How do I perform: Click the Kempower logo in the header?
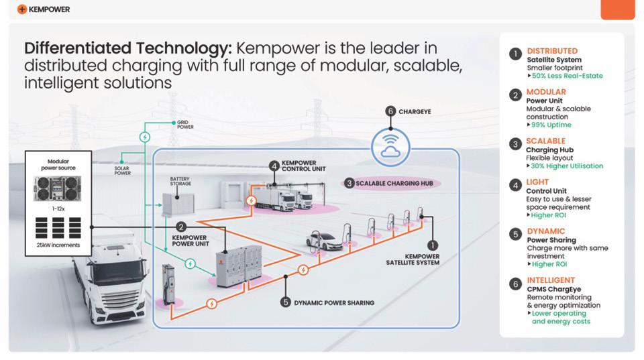click(x=44, y=9)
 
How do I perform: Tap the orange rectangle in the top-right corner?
click(x=617, y=9)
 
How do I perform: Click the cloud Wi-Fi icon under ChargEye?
click(x=390, y=145)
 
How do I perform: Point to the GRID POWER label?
click(x=185, y=125)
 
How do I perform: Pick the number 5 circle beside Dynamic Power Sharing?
click(x=286, y=302)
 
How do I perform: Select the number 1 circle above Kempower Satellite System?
click(x=432, y=246)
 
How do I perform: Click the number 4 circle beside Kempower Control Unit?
click(x=274, y=166)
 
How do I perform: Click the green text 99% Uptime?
click(x=551, y=125)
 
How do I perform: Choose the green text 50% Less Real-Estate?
click(x=567, y=76)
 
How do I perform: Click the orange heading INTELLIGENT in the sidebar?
click(x=550, y=280)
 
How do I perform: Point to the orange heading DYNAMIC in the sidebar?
click(x=545, y=231)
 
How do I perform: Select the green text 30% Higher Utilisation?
click(x=567, y=166)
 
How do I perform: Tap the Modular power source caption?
click(x=58, y=165)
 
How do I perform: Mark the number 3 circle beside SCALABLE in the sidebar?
click(x=515, y=144)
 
